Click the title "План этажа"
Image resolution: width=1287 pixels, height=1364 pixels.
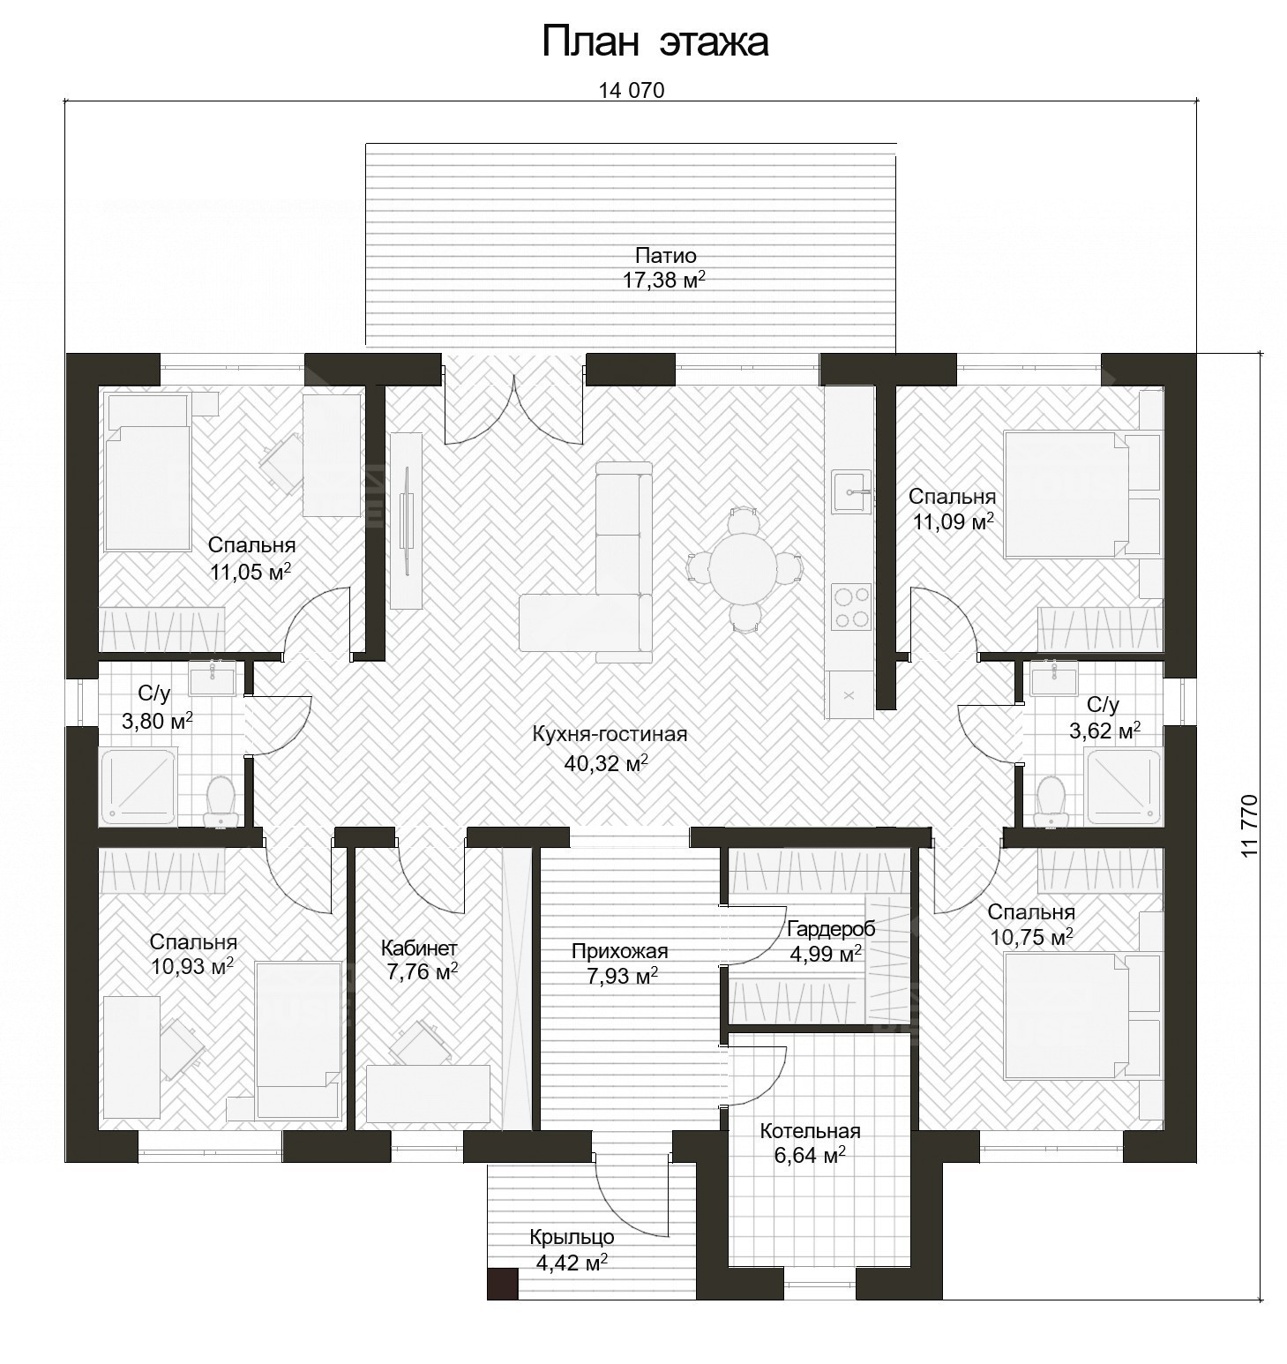pyautogui.click(x=655, y=41)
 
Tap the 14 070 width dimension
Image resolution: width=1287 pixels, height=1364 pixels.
pyautogui.click(x=631, y=90)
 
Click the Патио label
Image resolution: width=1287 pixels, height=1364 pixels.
pyautogui.click(x=666, y=256)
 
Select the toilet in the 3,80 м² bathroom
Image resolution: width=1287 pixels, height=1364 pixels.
pyautogui.click(x=219, y=801)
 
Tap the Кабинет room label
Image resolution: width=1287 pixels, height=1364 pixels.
pyautogui.click(x=419, y=948)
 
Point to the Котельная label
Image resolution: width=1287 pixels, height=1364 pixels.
pyautogui.click(x=810, y=1131)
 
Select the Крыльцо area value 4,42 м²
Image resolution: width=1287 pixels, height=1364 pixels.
pyautogui.click(x=572, y=1263)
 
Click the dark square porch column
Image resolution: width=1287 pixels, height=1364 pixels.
pyautogui.click(x=503, y=1284)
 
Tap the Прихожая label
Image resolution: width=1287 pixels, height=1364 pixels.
pyautogui.click(x=619, y=951)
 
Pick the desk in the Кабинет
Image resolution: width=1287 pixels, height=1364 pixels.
pyautogui.click(x=428, y=1094)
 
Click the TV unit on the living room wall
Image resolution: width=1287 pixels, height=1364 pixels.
pyautogui.click(x=407, y=521)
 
